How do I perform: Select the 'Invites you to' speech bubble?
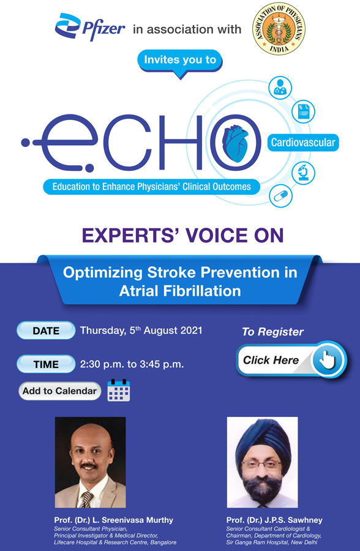click(x=181, y=61)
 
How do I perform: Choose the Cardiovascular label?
click(x=303, y=143)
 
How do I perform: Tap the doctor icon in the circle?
click(x=280, y=87)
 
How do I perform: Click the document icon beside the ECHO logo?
click(x=303, y=111)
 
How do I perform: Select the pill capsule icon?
click(x=280, y=196)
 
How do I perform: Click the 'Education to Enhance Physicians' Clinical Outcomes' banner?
click(x=152, y=186)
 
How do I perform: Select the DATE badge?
click(x=46, y=331)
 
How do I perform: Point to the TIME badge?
click(x=46, y=364)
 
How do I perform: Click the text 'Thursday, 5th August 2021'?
click(x=141, y=331)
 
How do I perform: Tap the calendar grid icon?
click(x=118, y=390)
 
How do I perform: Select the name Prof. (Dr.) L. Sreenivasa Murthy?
click(x=113, y=520)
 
